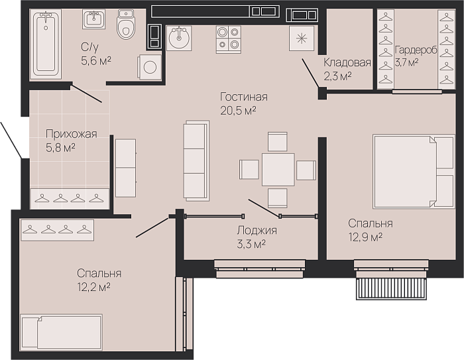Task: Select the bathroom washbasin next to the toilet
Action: click(94, 19)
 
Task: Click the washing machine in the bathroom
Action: click(149, 67)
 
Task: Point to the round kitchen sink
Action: click(179, 38)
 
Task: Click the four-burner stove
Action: click(229, 40)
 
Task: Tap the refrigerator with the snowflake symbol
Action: click(302, 38)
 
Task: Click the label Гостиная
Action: click(244, 97)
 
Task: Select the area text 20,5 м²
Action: click(238, 111)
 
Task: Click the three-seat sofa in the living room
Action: click(196, 161)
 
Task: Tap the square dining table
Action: click(278, 170)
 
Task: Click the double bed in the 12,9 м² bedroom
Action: click(414, 172)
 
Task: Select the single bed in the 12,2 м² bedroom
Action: click(61, 333)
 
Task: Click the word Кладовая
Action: click(347, 63)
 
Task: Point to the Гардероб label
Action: click(416, 50)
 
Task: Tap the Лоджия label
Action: click(257, 230)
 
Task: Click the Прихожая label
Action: click(72, 134)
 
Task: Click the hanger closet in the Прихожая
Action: click(69, 198)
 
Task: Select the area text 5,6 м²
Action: click(96, 61)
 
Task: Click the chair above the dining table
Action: click(278, 142)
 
